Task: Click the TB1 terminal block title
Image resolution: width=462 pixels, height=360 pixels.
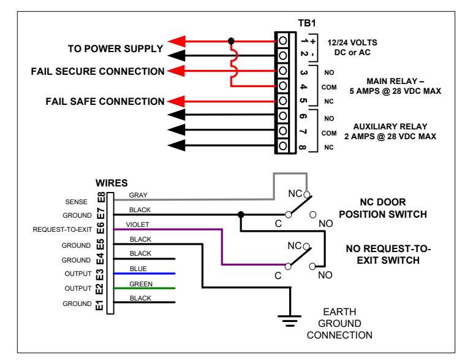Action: pos(307,23)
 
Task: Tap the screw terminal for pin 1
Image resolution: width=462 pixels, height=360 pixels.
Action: pos(283,40)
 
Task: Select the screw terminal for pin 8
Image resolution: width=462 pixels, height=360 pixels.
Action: pos(283,145)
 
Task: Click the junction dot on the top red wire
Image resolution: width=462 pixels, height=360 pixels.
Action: pos(231,41)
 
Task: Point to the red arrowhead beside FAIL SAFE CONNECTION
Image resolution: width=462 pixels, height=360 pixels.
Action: pos(176,101)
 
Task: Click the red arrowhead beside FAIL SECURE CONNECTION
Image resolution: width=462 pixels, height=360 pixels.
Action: pos(176,71)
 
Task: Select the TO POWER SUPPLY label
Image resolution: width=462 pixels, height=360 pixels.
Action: pos(115,48)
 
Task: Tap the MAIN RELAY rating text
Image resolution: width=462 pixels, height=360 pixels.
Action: pos(395,86)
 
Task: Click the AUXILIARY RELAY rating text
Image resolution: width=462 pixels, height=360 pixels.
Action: pos(390,131)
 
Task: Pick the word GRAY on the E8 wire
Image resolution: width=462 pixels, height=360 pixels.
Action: pos(138,195)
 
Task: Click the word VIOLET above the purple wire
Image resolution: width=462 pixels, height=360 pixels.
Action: pos(137,224)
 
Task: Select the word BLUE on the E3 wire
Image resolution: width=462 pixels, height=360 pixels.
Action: pos(138,269)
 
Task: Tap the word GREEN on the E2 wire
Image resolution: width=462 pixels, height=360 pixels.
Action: pos(141,284)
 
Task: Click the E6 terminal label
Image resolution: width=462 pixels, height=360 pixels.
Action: pos(100,228)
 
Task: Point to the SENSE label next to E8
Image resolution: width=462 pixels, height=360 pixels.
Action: pos(77,202)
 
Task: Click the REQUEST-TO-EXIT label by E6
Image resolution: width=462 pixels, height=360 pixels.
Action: pos(62,230)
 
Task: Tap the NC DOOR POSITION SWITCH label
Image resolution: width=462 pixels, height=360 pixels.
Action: pos(383,208)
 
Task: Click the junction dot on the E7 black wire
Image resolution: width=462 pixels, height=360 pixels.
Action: pos(241,215)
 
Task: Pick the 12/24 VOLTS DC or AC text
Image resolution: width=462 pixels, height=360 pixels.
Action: pos(352,47)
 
